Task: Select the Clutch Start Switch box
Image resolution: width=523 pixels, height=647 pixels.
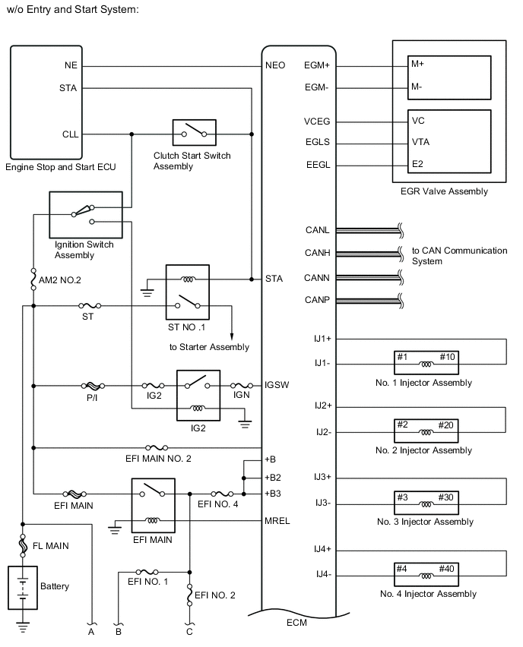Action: coord(194,134)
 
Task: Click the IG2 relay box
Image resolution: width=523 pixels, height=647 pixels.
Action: coord(198,395)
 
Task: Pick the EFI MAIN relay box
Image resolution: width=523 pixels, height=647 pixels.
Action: coord(153,506)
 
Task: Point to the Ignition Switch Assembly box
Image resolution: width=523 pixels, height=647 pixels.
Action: coord(85,215)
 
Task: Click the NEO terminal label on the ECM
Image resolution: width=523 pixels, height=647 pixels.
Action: coord(274,65)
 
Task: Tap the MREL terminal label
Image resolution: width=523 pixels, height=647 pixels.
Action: coord(277,521)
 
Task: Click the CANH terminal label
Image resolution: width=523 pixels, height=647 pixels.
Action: coord(316,254)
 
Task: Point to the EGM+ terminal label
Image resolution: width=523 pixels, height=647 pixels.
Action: coord(317,65)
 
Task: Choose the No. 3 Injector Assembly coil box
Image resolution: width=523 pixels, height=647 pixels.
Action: coord(426,502)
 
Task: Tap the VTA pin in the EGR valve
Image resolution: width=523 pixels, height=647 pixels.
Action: coord(421,141)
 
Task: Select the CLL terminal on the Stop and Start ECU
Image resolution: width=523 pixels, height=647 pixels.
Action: coord(70,134)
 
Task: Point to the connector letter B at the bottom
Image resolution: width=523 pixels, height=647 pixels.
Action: coord(118,630)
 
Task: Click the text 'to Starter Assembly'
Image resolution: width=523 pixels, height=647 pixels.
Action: coord(209,347)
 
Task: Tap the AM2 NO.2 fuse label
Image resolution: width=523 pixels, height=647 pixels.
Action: coord(59,280)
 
